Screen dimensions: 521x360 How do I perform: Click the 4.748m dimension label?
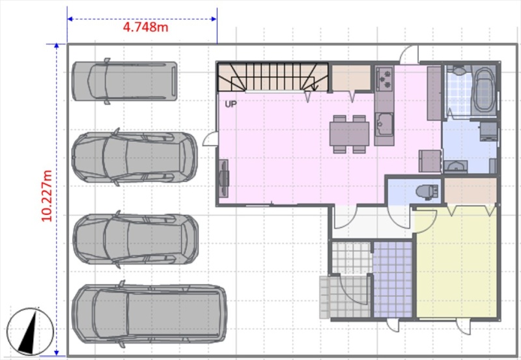[x=145, y=27]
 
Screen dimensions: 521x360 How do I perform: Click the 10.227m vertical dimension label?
[x=47, y=195]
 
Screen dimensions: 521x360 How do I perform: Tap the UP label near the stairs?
[x=231, y=104]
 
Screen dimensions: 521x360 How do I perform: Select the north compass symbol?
[x=30, y=331]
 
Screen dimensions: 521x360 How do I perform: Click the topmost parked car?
[x=124, y=81]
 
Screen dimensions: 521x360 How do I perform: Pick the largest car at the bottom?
[x=150, y=314]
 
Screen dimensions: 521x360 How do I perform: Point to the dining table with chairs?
[x=349, y=134]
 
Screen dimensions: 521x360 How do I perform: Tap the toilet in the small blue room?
[x=427, y=191]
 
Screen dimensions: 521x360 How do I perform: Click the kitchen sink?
[x=384, y=124]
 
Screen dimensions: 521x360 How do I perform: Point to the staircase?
[x=272, y=77]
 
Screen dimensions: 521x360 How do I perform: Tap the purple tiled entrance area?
[x=393, y=280]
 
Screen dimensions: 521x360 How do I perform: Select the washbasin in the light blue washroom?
[x=455, y=166]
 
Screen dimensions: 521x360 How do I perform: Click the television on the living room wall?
[x=223, y=178]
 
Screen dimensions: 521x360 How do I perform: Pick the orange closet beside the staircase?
[x=352, y=77]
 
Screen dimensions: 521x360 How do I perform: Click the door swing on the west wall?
[x=210, y=139]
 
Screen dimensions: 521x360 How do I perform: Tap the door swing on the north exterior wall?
[x=409, y=55]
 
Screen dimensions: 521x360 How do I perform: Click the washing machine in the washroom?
[x=488, y=131]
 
